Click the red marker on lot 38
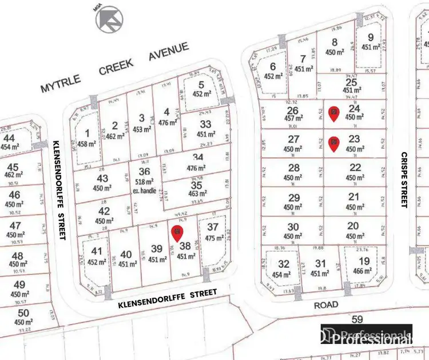click(177, 232)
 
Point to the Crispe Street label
click(404, 180)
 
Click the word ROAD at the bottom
click(325, 305)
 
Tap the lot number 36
click(144, 171)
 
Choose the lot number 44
click(9, 138)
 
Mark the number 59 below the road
click(358, 319)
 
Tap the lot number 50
click(23, 312)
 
